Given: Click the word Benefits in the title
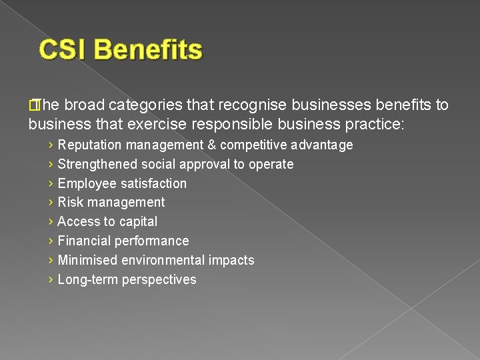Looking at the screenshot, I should (x=148, y=50).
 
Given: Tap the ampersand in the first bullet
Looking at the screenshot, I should (x=211, y=145).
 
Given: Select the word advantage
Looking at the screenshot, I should (x=324, y=145).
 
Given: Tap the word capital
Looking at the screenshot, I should (x=137, y=222).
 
